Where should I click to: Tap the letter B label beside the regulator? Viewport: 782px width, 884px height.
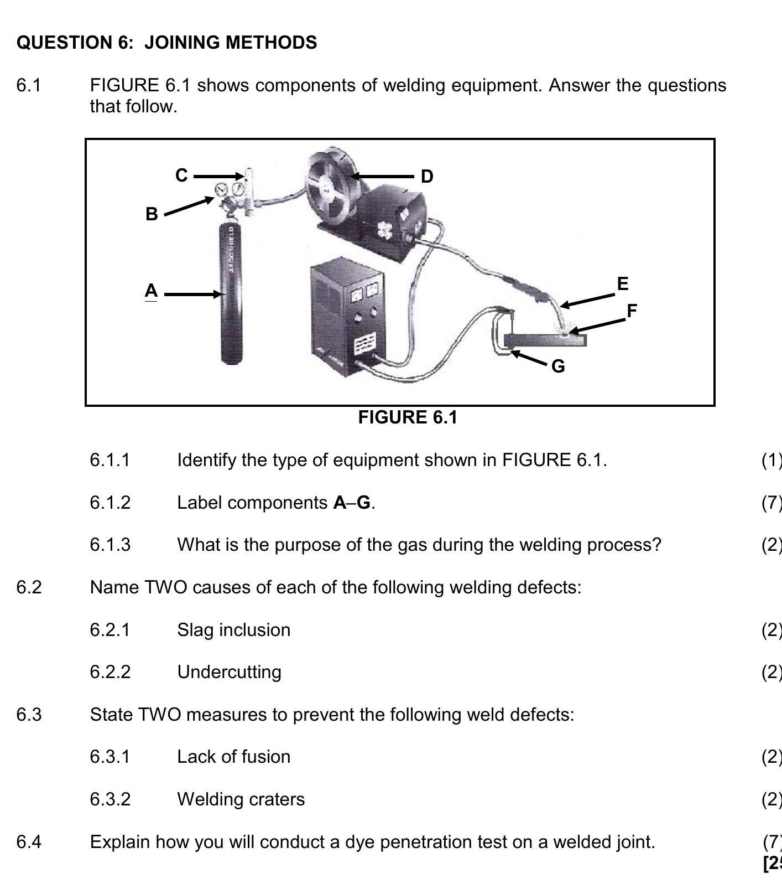pos(152,214)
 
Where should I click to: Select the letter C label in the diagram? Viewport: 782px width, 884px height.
pos(181,175)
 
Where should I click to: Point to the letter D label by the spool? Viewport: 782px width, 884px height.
pos(427,177)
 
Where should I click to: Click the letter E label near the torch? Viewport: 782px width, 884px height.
pos(623,283)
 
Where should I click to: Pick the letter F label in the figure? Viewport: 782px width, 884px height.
pos(632,311)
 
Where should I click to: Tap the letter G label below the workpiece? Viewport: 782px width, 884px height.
pos(558,366)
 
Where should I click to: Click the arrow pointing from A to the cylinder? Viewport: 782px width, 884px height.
pos(192,294)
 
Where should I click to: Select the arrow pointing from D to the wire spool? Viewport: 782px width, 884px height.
pos(382,177)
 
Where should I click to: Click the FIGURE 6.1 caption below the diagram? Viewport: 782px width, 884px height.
pos(408,417)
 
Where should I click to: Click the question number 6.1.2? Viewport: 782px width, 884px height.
pos(110,503)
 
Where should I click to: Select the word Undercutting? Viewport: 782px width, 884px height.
pos(229,672)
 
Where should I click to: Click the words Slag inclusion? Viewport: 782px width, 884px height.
pos(233,630)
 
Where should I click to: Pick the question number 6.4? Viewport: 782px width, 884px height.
pos(29,842)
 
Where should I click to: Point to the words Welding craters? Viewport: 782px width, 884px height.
pos(241,799)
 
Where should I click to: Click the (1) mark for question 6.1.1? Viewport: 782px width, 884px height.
pos(771,460)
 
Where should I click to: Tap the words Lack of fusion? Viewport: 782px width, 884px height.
pos(233,757)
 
